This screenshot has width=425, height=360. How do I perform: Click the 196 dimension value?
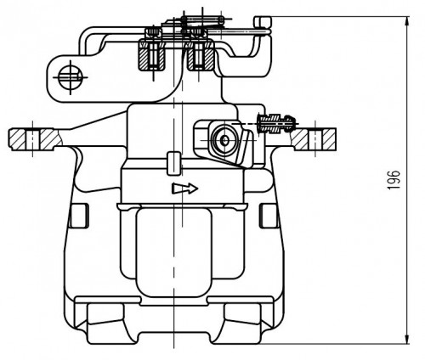(394, 180)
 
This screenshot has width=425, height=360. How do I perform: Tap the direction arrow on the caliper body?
(184, 188)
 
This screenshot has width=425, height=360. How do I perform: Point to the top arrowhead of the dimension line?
(407, 21)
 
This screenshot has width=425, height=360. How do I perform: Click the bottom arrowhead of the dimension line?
(407, 339)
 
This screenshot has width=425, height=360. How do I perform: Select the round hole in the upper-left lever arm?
(71, 76)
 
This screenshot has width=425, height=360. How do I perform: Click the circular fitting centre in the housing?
(225, 140)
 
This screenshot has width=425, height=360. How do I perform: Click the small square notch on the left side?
(79, 216)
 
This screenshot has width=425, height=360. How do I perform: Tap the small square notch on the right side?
(269, 216)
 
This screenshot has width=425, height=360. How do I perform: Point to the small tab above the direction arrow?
(174, 164)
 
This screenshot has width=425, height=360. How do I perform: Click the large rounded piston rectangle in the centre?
(173, 252)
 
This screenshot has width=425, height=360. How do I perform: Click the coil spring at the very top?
(203, 20)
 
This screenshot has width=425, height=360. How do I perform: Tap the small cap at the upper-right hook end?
(263, 21)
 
